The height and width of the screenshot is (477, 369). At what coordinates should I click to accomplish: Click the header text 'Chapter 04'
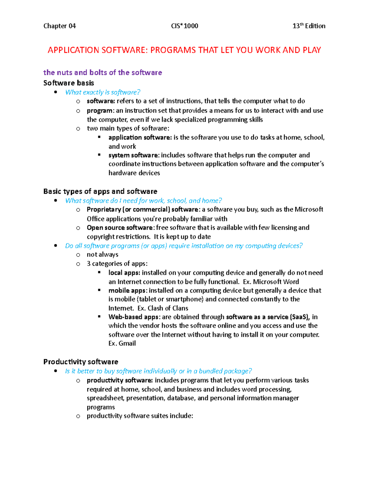[59, 26]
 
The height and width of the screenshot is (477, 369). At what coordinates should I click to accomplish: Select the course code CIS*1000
[184, 26]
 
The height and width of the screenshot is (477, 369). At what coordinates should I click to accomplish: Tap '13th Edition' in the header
[309, 26]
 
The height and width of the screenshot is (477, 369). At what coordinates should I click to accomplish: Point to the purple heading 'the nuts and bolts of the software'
[102, 72]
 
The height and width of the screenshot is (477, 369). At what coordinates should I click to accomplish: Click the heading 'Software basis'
[69, 83]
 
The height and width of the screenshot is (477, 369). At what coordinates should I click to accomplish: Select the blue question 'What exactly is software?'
[103, 92]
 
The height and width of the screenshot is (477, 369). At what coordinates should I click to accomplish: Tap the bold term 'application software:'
[140, 138]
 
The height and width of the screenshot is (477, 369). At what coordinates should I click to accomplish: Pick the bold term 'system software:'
[134, 155]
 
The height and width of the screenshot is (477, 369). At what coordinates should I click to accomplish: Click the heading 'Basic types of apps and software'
[100, 191]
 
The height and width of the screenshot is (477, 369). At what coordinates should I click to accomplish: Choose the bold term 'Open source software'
[120, 228]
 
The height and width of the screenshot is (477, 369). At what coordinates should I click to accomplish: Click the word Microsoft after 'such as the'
[309, 209]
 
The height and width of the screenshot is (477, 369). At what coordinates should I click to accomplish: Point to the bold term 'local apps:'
[124, 273]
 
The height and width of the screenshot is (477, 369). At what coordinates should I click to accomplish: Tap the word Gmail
[127, 343]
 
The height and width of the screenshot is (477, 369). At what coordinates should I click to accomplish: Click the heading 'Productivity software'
[81, 362]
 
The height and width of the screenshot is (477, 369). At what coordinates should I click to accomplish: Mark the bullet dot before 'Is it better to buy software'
[56, 371]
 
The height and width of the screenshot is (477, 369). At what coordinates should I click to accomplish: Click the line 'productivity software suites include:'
[140, 416]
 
